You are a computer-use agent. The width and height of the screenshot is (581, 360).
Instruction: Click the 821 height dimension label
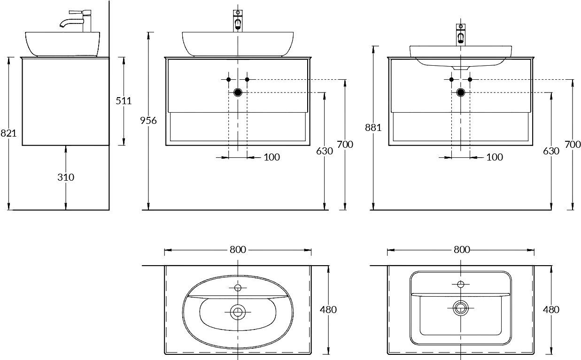coord(8,133)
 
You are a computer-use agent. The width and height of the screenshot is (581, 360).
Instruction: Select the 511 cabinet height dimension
coord(124,100)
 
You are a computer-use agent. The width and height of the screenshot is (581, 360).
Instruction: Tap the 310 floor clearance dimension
coord(66,177)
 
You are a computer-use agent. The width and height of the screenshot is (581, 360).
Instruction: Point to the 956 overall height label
coord(148,121)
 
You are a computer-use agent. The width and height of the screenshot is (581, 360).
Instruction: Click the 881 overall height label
coord(373,128)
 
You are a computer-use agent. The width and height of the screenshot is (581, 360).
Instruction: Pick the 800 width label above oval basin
coord(238,250)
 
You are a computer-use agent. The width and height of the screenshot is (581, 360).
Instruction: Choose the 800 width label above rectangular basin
coord(462,250)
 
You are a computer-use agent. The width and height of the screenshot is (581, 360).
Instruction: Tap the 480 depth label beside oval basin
coord(328,309)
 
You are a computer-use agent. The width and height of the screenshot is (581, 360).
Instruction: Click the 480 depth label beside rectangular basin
coord(551,309)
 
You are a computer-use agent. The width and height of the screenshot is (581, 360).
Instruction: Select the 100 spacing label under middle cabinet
coord(272,157)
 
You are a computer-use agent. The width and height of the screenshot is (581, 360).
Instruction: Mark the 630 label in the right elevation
coord(551,151)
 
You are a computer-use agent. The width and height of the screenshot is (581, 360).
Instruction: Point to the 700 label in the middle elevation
coord(345,145)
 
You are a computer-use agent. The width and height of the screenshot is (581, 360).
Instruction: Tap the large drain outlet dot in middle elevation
coord(238,92)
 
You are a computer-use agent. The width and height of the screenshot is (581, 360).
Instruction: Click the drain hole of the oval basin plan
coord(238,312)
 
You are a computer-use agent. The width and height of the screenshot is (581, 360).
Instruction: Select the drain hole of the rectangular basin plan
coord(461,308)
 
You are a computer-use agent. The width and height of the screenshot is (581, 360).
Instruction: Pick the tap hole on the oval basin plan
coord(238,288)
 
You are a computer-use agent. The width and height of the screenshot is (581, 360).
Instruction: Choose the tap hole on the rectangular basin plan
coord(461,284)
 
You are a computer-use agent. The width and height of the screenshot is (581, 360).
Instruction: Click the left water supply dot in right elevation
coord(451,79)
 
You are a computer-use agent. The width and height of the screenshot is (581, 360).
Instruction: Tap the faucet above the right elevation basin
coord(461,35)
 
